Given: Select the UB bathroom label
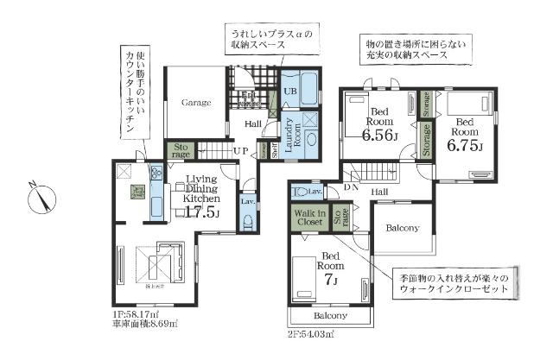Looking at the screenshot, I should pos(290,90).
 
